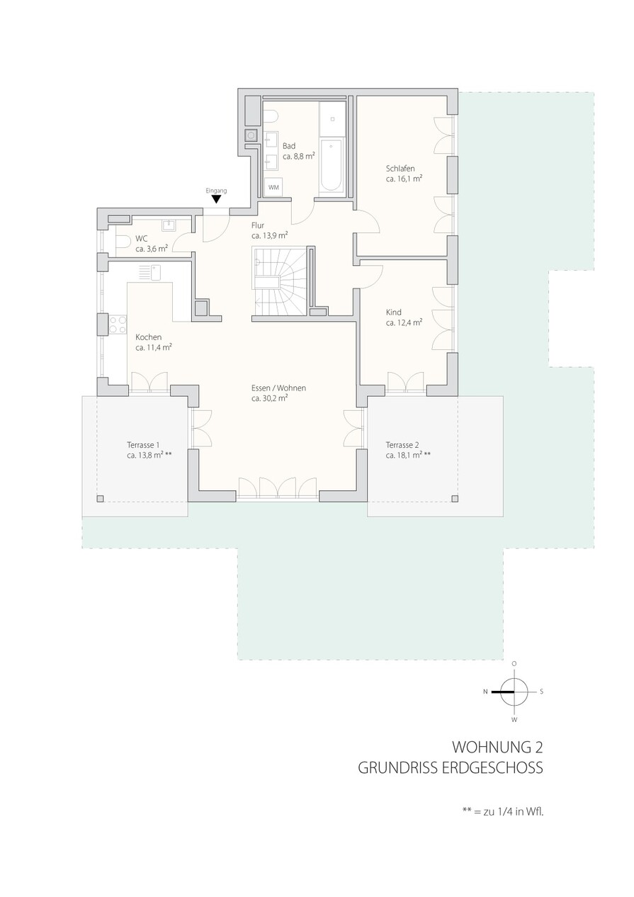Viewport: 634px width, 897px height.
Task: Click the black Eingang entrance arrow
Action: coord(216,199)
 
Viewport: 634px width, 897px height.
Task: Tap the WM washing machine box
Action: coord(273,188)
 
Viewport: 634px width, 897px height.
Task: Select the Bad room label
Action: coord(289,146)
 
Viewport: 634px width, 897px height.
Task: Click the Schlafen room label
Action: coord(400,168)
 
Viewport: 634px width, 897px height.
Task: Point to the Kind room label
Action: coord(393,312)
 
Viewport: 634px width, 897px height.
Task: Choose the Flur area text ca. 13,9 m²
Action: coord(270,236)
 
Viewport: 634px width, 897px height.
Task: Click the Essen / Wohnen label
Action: coord(278,388)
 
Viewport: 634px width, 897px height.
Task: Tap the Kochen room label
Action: coord(149,337)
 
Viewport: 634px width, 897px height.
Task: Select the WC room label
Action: coord(141,239)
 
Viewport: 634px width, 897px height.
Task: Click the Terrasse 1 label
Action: coord(143,445)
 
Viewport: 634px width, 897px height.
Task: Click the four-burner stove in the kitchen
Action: coord(118,325)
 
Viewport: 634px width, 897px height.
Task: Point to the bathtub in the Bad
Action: coord(331,165)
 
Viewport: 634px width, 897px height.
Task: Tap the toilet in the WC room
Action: coord(123,242)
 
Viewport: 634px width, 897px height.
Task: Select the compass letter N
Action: coord(485,692)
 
